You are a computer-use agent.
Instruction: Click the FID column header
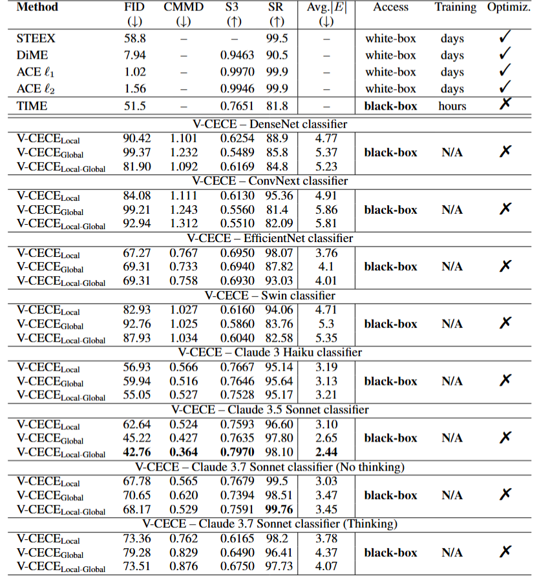[x=134, y=8]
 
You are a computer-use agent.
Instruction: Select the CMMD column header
[x=184, y=8]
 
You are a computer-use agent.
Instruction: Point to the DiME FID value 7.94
[x=134, y=56]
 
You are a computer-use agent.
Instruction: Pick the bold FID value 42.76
[x=137, y=453]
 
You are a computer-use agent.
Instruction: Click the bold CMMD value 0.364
[x=184, y=453]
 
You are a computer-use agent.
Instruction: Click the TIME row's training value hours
[x=452, y=106]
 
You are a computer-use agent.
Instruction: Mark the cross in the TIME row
[x=505, y=104]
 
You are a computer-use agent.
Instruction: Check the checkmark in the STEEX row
[x=505, y=38]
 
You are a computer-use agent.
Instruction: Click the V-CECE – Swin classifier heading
[x=269, y=296]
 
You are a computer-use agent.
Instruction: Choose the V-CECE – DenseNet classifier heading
[x=269, y=124]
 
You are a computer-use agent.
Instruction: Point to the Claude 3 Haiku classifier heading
[x=269, y=353]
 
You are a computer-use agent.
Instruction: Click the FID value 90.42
[x=137, y=138]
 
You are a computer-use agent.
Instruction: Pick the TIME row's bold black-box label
[x=391, y=106]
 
